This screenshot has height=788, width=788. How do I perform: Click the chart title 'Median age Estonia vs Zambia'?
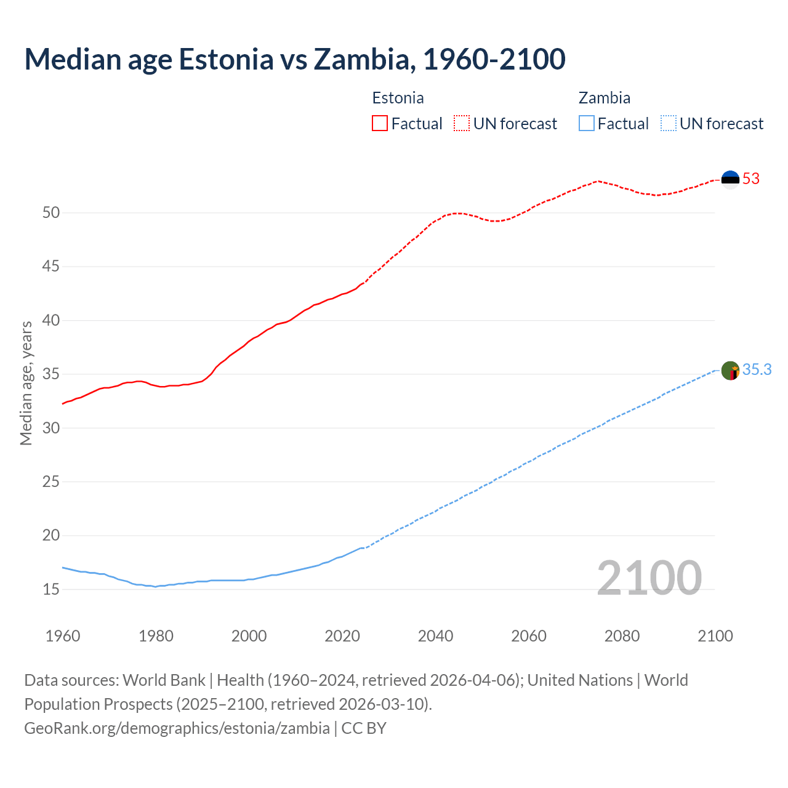294,60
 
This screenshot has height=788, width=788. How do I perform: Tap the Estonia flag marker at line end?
730,179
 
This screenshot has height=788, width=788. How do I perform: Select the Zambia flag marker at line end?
730,371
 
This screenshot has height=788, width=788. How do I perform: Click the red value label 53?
751,179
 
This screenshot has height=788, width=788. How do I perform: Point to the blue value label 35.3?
757,370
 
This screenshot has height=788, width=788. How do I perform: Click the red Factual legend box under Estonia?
380,124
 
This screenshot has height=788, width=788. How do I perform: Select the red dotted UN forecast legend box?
462,124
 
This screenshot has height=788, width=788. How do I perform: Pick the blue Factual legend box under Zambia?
587,124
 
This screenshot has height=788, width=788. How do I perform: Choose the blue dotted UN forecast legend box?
668,124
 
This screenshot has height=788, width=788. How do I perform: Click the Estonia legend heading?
398,98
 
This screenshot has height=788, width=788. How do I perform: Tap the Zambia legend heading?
604,98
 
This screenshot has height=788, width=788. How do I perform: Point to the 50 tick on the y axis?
51,213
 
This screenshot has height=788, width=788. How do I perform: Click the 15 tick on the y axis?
51,590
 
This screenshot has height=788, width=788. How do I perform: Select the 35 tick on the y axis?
51,374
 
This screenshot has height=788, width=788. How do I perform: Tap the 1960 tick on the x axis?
63,636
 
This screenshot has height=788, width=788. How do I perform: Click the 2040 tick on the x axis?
435,636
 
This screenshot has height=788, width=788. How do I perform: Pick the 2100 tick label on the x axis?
715,636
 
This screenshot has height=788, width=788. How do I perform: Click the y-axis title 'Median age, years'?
26,383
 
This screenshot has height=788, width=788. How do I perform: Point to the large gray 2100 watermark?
649,578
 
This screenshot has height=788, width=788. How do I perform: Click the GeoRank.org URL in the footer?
177,728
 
